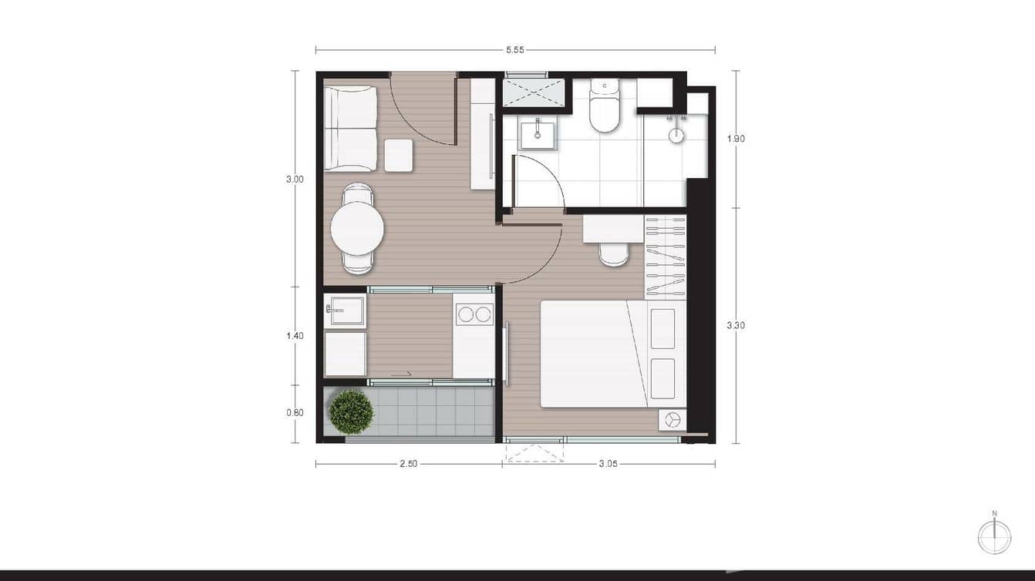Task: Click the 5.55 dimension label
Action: (x=515, y=50)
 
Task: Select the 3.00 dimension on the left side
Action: (x=295, y=179)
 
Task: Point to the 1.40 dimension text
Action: (x=295, y=336)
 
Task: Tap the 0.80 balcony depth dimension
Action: (x=295, y=412)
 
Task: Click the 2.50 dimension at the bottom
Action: (x=409, y=464)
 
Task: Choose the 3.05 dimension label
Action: (x=609, y=464)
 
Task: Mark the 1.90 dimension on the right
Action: (x=735, y=139)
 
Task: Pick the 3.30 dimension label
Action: (x=735, y=325)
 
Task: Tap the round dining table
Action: (x=357, y=228)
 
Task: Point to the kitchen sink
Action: (x=345, y=312)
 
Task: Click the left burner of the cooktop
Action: (x=465, y=314)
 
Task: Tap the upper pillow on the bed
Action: (x=662, y=328)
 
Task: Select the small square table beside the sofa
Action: (x=399, y=155)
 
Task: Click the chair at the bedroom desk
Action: (x=614, y=254)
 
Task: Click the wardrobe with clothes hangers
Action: (x=665, y=257)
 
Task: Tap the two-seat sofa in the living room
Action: (x=350, y=128)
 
